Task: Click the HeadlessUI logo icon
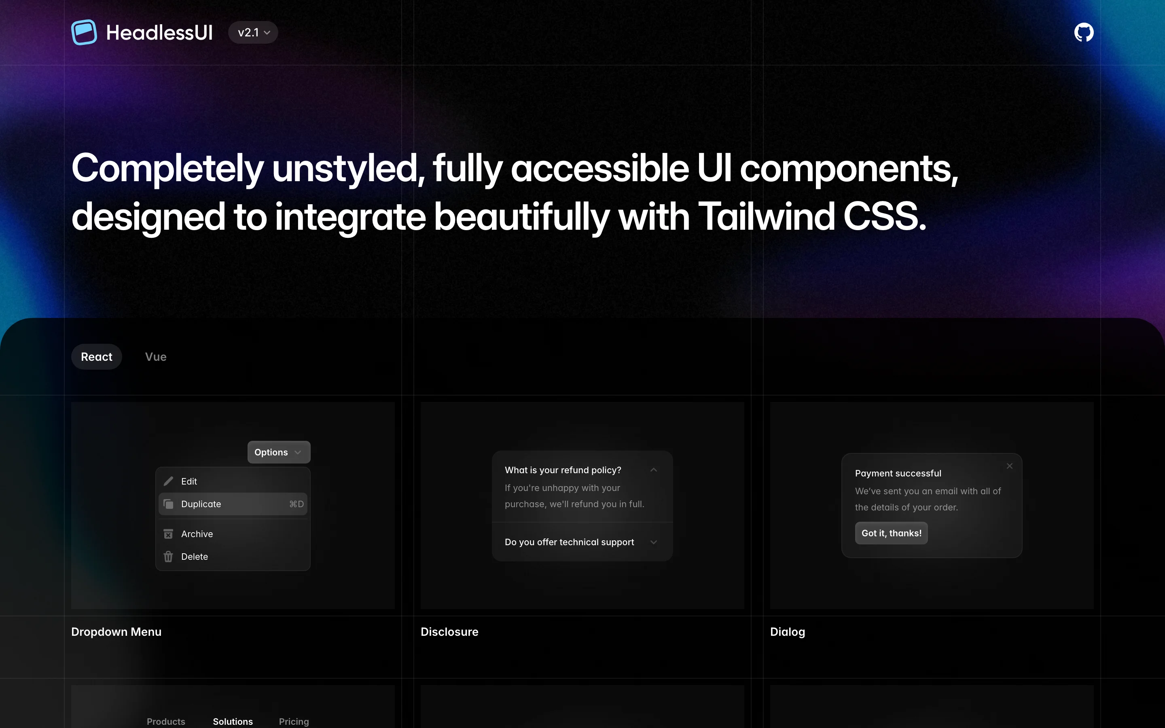click(84, 32)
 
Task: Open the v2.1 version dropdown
click(253, 32)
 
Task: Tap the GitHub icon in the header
click(1084, 32)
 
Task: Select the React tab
click(96, 357)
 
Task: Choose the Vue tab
click(155, 357)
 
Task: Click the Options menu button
click(278, 452)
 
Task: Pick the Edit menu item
click(189, 481)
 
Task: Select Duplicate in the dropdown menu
click(201, 504)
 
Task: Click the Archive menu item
click(197, 534)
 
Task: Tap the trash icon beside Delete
click(168, 557)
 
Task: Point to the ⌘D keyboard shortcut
click(297, 504)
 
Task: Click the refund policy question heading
click(563, 470)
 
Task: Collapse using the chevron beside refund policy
click(653, 470)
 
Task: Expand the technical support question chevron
click(653, 542)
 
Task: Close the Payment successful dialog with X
click(1010, 466)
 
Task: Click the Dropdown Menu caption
click(116, 632)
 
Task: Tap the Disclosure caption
click(449, 632)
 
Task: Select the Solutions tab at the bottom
click(233, 721)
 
